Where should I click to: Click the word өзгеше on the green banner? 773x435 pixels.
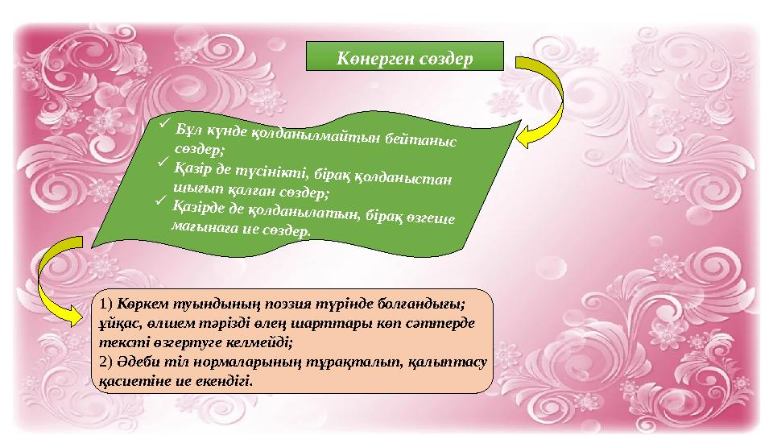click(x=433, y=221)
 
